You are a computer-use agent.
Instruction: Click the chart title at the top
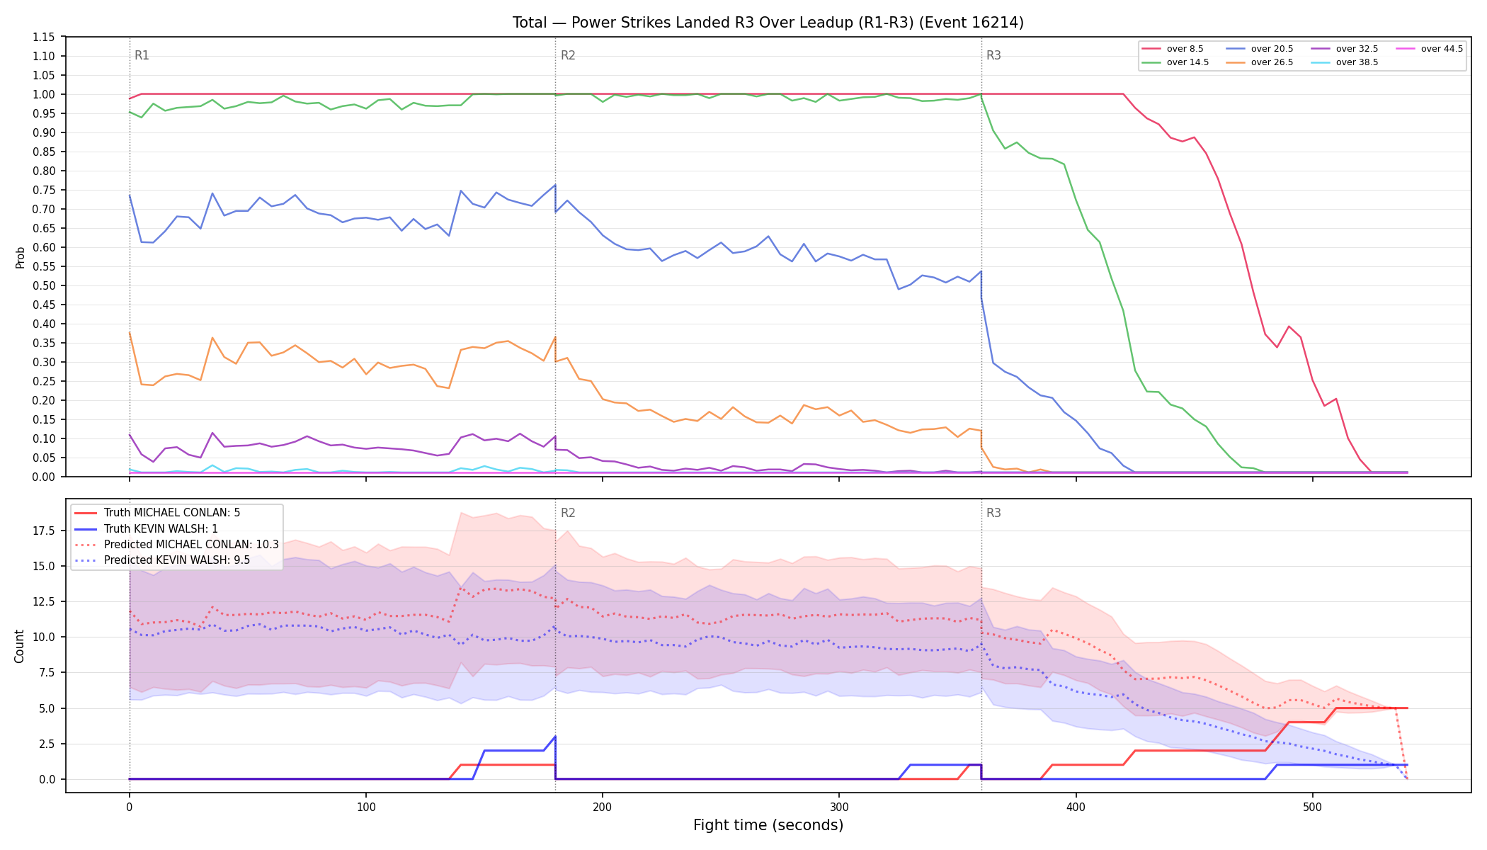pos(768,23)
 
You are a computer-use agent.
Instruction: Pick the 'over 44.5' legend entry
pos(1430,49)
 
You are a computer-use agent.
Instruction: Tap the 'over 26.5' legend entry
pos(1260,62)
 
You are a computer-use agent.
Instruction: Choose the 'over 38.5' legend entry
pos(1345,62)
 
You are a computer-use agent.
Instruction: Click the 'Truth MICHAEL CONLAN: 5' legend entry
pos(157,513)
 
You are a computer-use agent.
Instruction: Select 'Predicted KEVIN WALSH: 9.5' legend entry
pos(162,560)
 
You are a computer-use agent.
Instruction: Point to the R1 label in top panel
pos(142,55)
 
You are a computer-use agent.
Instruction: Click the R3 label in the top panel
pos(993,55)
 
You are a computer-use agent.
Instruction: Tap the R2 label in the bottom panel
pos(568,513)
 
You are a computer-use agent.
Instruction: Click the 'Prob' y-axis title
pos(21,257)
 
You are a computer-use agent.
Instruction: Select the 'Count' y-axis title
pos(19,646)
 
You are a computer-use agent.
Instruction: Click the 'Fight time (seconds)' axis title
pos(768,825)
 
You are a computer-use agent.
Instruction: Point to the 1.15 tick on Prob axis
pos(44,37)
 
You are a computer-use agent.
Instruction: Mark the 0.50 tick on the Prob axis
pos(44,285)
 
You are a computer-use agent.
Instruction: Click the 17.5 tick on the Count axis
pos(43,531)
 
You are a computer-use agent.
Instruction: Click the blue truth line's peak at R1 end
pos(555,737)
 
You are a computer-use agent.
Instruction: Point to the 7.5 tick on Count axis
pos(46,673)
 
